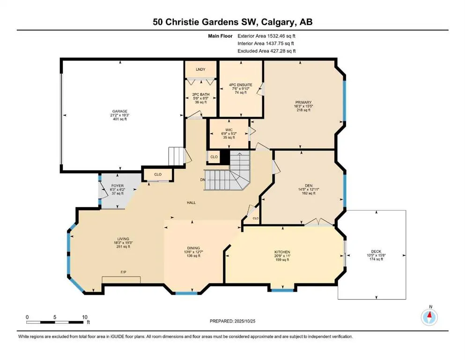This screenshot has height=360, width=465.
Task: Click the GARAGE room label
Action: coord(119,111)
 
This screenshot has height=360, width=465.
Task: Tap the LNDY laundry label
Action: coord(200,70)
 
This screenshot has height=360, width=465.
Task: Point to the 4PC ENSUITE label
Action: coord(241,85)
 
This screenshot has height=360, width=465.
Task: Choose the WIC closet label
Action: coord(229,129)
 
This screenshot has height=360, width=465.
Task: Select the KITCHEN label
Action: coord(282,252)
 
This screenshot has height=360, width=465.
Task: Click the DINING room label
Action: coord(193,248)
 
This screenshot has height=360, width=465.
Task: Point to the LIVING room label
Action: coord(124,239)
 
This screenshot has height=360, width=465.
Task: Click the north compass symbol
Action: coord(429,317)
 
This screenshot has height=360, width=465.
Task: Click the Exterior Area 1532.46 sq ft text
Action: coord(266,36)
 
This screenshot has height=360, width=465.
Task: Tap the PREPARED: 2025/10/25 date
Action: coord(232,321)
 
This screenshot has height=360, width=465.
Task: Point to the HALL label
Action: coord(191,203)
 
